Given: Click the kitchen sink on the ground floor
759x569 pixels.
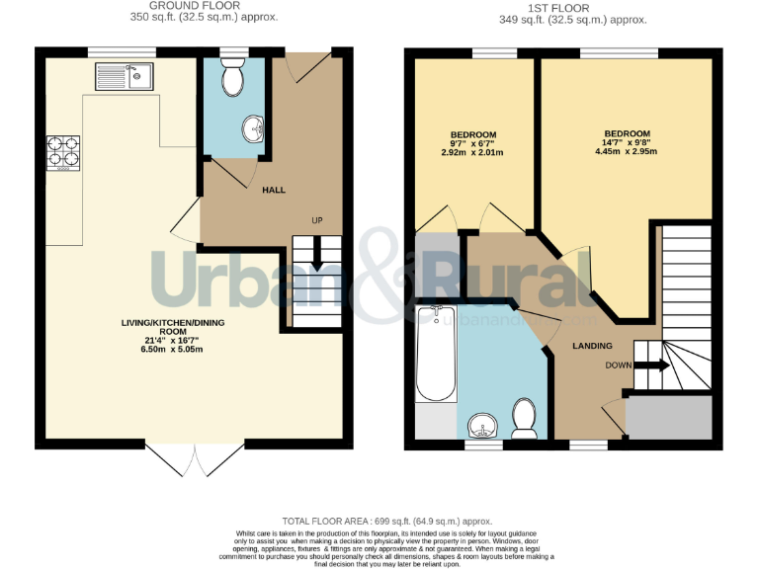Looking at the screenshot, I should pyautogui.click(x=124, y=76).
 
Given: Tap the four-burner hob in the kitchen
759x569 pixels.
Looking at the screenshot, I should pyautogui.click(x=63, y=150).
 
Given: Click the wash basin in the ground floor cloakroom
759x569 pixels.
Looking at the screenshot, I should pyautogui.click(x=253, y=127).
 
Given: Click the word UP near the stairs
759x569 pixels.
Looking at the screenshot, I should pyautogui.click(x=317, y=219).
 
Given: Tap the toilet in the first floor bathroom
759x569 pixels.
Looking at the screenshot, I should pyautogui.click(x=524, y=416).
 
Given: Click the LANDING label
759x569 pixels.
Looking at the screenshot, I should pyautogui.click(x=592, y=346).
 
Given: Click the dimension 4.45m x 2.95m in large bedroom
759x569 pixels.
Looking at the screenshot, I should pyautogui.click(x=626, y=152).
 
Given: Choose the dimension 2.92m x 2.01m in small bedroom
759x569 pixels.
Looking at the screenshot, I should pyautogui.click(x=473, y=153).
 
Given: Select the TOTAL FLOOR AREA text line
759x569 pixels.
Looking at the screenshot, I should pyautogui.click(x=386, y=521).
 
